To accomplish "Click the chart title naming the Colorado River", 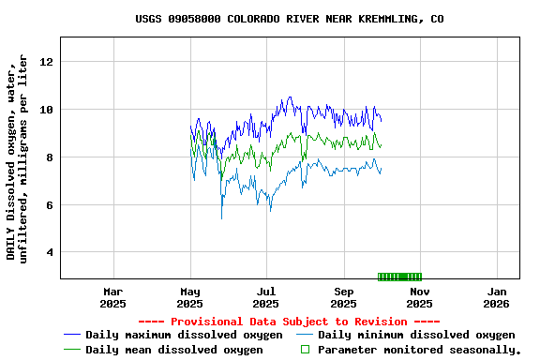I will (289, 19).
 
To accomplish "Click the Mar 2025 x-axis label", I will (112, 297).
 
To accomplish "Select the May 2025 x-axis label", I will (189, 297).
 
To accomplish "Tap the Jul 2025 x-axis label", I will (266, 297).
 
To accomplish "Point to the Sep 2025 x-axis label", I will (344, 297).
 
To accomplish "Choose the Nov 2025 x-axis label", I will (420, 297).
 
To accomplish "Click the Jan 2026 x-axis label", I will (497, 297).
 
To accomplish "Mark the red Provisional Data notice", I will (289, 322).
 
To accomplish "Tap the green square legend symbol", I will (304, 350).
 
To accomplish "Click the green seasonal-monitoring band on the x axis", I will (399, 277).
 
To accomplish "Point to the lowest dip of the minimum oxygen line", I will (221, 218).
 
